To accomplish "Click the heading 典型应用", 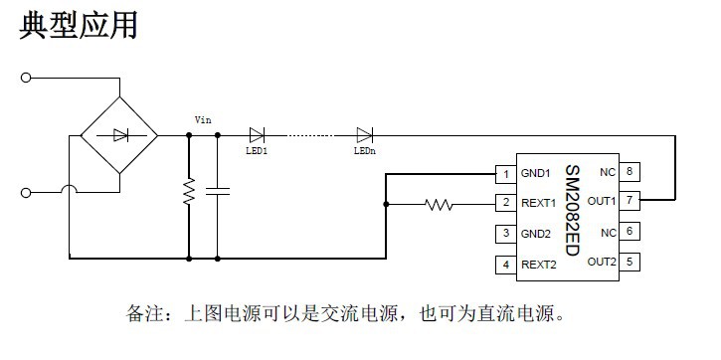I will tap(79, 26).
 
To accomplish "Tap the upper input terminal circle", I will tap(26, 77).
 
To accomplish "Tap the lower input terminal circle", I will tap(26, 191).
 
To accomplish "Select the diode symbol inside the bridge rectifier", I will tap(120, 134).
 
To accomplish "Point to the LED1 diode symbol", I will tap(257, 134).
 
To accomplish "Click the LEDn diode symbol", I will tap(364, 134).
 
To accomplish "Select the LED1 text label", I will tap(257, 151).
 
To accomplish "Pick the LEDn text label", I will tap(364, 151).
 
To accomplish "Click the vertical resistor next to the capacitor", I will tap(188, 193).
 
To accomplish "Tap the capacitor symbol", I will tap(218, 191).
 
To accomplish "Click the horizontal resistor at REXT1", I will tap(439, 205).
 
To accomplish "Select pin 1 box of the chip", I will tap(506, 175).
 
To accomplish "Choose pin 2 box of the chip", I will tap(506, 204).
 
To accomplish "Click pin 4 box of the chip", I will tap(506, 265).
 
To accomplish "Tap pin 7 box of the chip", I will tap(630, 201).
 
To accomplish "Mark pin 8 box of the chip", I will tap(630, 171).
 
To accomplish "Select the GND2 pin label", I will tap(536, 235).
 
